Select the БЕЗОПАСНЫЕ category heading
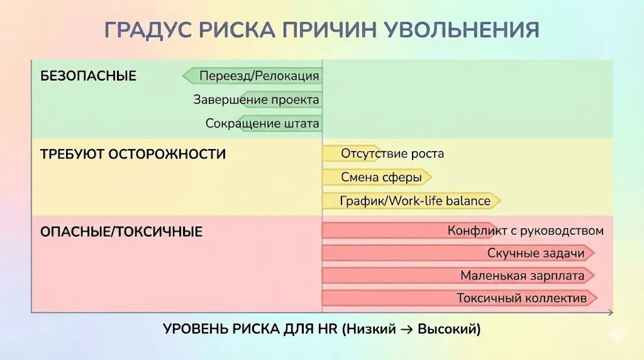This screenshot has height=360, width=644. (x=88, y=76)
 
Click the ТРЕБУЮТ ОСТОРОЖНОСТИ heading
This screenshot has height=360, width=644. (x=133, y=154)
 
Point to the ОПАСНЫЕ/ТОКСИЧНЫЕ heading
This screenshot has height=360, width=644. (x=121, y=232)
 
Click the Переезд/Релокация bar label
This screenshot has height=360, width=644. (x=259, y=76)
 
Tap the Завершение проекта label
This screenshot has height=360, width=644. (x=256, y=99)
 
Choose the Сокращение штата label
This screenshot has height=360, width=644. (x=262, y=123)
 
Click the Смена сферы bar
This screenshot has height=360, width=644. (x=381, y=177)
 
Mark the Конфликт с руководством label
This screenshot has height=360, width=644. (x=525, y=230)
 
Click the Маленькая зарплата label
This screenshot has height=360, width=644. (x=522, y=276)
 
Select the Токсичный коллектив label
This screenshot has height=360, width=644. (x=521, y=298)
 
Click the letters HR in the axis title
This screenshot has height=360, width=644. (x=331, y=329)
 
